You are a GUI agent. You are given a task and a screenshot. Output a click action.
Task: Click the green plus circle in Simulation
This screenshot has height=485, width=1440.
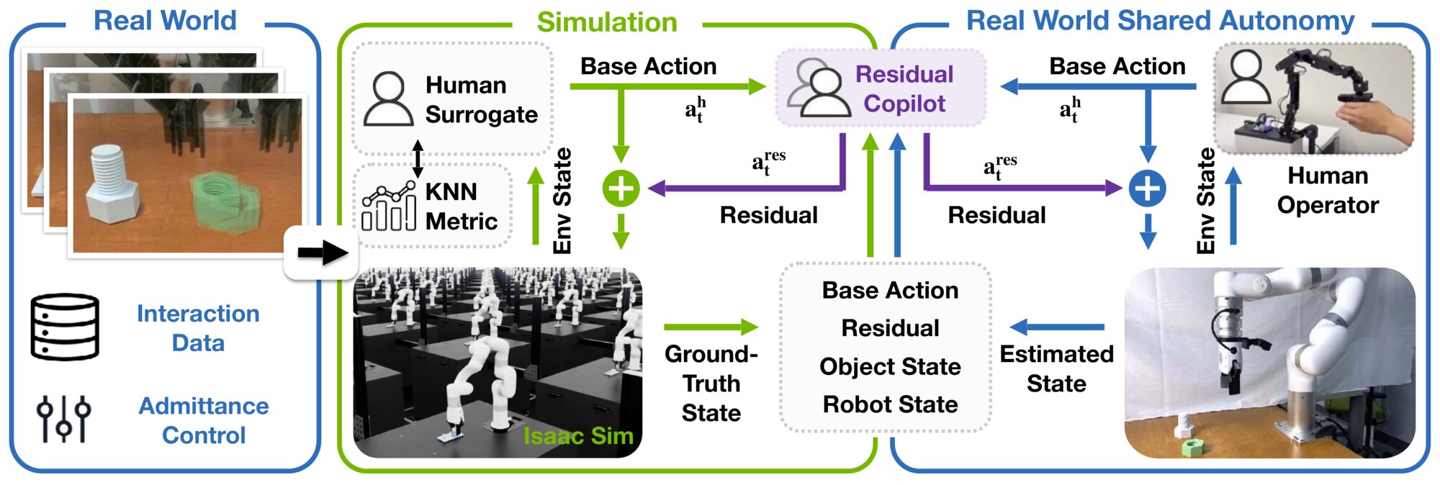pos(621,189)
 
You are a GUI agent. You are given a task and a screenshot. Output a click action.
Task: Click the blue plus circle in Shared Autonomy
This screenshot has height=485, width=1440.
pos(1147,189)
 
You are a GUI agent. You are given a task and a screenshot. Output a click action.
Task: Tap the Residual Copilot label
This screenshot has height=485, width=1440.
pos(904,89)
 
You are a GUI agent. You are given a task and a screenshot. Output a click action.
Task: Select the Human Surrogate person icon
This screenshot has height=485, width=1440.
pos(388,99)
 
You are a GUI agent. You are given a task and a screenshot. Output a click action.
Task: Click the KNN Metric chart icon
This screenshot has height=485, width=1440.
pos(389,206)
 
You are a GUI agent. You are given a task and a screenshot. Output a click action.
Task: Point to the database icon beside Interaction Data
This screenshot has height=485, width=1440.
pos(65,327)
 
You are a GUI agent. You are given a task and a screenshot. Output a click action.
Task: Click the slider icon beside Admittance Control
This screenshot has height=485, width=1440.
pos(63,418)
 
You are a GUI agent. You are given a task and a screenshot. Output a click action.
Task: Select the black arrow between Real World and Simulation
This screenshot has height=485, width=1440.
pos(322,253)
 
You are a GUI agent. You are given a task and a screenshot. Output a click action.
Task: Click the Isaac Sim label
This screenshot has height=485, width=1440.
pos(577,436)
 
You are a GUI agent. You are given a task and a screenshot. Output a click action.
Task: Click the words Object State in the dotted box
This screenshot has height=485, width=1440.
pos(890,366)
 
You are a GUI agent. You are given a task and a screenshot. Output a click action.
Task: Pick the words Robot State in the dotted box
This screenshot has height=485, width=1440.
pos(890,404)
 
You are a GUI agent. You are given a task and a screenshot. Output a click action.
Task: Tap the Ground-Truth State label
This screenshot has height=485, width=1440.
pos(711,383)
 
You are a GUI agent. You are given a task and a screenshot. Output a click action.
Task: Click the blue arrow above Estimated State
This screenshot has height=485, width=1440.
pos(1057,327)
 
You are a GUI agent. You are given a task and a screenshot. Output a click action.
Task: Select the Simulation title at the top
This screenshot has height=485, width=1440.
pos(606,22)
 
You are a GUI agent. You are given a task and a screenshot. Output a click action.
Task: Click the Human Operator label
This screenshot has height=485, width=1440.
pos(1327,190)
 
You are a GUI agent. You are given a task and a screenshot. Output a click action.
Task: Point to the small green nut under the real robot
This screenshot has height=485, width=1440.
pos(1193,448)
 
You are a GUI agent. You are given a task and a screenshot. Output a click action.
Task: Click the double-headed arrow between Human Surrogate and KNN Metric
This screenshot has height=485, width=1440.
pos(418,159)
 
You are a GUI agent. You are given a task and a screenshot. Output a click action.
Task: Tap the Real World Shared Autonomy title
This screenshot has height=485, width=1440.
pos(1160,21)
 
